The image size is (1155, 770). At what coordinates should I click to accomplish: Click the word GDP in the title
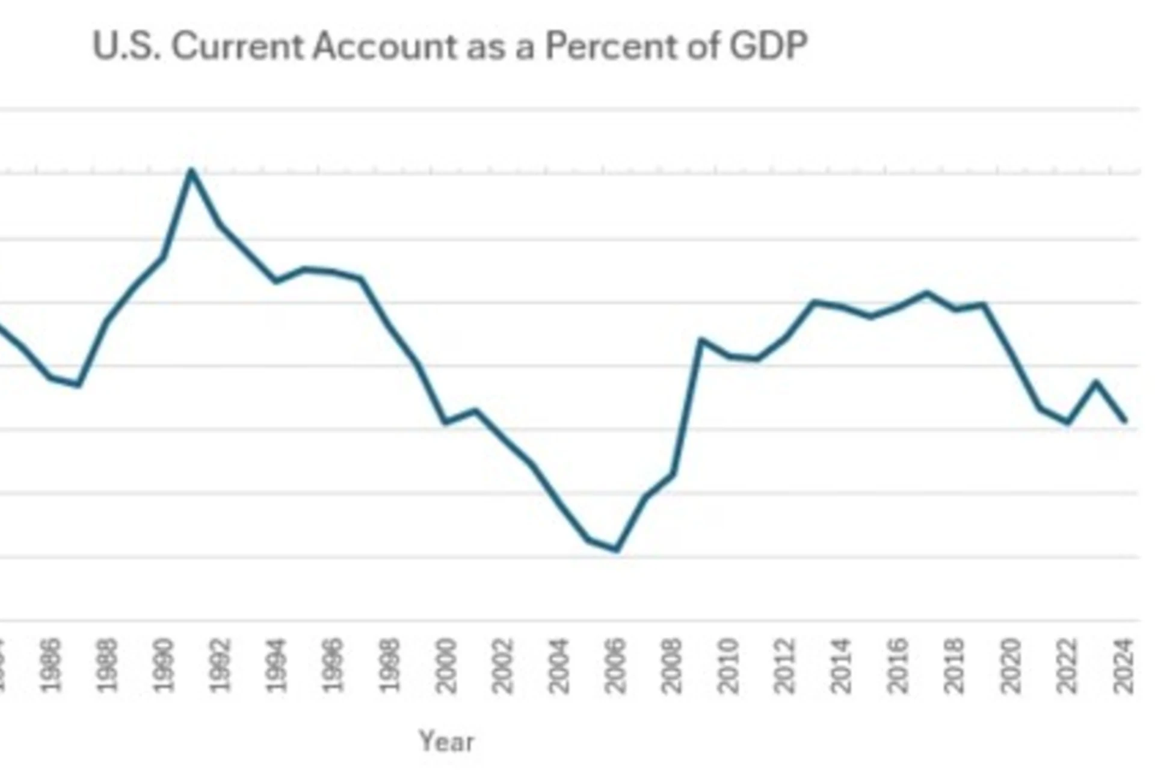(768, 46)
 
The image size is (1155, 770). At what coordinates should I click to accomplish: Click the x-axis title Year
(446, 741)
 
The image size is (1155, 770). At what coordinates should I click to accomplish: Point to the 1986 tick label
(52, 665)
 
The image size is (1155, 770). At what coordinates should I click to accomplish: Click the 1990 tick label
(164, 665)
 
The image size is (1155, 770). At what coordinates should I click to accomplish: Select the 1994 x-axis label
(277, 665)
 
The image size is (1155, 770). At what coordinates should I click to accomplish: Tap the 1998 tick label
(390, 665)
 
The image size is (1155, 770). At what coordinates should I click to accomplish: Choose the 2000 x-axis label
(446, 665)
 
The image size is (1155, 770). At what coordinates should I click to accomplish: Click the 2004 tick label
(559, 665)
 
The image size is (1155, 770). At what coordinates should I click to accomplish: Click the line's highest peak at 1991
(191, 170)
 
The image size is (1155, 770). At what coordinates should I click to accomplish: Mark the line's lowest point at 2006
(616, 549)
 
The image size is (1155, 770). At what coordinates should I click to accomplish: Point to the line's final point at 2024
(1125, 420)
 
